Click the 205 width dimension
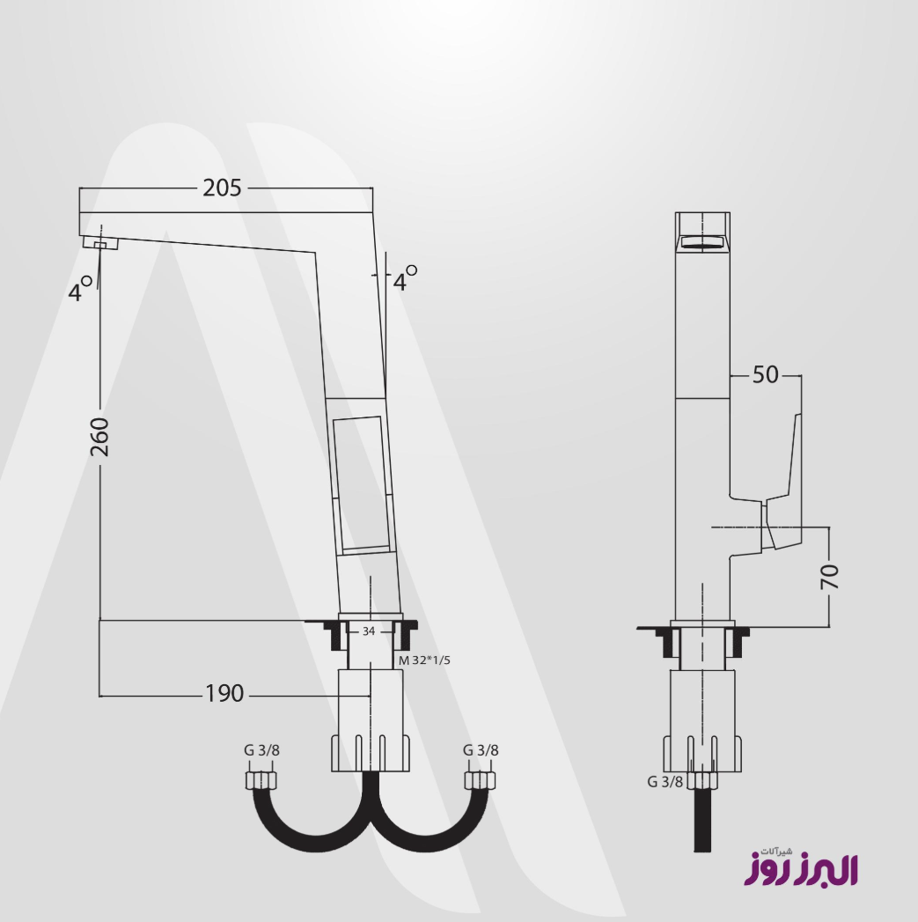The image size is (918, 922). coord(222,188)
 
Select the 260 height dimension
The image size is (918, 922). coord(100,437)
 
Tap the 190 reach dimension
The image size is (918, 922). coord(224,694)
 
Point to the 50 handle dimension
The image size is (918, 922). coord(765,374)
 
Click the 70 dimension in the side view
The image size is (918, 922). coord(829,576)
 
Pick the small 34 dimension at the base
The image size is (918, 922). coord(369,631)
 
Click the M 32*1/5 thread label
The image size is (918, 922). coord(424,660)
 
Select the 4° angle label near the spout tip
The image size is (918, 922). coord(80,289)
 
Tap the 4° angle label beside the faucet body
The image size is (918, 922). coord(405,278)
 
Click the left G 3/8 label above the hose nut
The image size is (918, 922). coord(262,750)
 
